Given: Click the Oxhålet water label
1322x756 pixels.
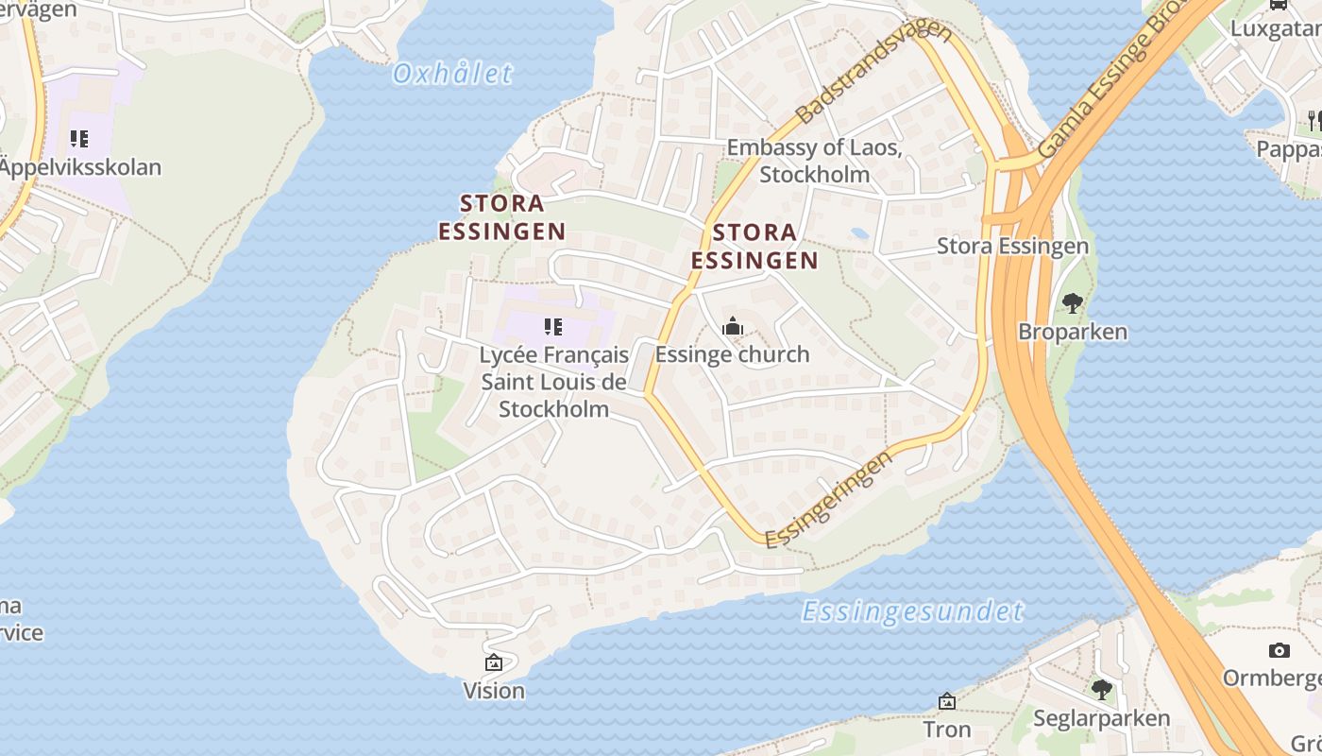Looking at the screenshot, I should click(x=452, y=74).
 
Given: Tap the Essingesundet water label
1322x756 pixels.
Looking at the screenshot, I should click(x=912, y=611).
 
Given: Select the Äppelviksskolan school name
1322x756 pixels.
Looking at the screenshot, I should click(x=80, y=168).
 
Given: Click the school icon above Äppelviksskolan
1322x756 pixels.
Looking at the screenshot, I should click(x=79, y=140).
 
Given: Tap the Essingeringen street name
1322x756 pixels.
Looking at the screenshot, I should click(x=828, y=500).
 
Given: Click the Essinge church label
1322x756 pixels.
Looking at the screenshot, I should click(x=732, y=354).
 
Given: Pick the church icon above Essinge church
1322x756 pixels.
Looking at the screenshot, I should click(x=732, y=327).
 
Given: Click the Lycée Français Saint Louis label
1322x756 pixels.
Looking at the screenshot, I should click(x=553, y=382).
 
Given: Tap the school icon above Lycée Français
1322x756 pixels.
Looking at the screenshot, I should click(x=553, y=328).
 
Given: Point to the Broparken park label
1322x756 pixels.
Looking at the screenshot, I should click(x=1073, y=332).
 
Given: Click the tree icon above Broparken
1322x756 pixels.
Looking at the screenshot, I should click(x=1072, y=303).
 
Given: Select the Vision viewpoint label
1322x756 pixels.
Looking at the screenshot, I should click(x=494, y=691).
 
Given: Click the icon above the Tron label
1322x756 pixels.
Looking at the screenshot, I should click(x=947, y=701).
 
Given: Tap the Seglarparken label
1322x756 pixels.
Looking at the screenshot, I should click(x=1102, y=718).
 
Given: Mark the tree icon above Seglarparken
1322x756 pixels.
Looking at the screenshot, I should click(x=1101, y=690).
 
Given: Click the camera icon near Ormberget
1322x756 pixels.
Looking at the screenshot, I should click(x=1280, y=650).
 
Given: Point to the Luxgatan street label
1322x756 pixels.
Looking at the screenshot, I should click(x=1275, y=28).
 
